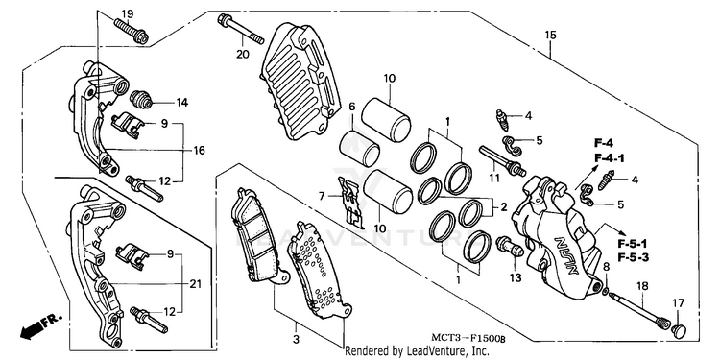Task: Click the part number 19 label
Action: [x=127, y=13]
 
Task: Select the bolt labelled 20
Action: [x=241, y=29]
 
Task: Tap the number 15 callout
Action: [x=550, y=35]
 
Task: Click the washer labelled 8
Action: [x=605, y=290]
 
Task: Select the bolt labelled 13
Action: [x=509, y=247]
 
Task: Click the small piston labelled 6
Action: [x=359, y=148]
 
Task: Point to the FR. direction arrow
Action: [x=40, y=326]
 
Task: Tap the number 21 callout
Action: [x=196, y=284]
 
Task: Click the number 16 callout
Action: [x=199, y=150]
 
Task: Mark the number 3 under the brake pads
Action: [x=297, y=340]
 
